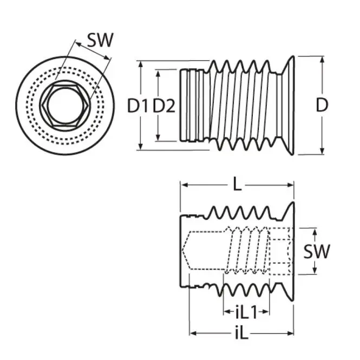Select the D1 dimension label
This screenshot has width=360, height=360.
(138, 106)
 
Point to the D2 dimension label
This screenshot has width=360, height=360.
(163, 106)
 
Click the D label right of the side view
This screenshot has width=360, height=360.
(322, 106)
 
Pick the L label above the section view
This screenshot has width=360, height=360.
(237, 185)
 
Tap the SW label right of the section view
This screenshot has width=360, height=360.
(316, 251)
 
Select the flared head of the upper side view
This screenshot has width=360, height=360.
(288, 106)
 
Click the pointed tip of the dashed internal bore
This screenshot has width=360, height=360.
(186, 252)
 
